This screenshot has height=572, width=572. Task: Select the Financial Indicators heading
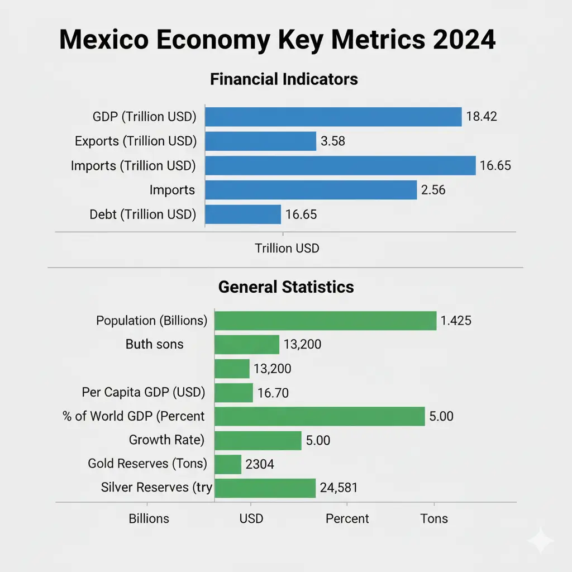[x=284, y=79]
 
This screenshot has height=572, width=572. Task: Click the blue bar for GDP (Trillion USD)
[x=333, y=117]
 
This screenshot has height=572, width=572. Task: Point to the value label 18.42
[x=481, y=117]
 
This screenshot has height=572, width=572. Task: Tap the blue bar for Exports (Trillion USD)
[x=261, y=141]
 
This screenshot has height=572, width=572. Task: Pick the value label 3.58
[x=332, y=141]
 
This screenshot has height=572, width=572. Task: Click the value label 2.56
[x=433, y=190]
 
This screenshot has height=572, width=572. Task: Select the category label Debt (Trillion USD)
[x=143, y=214]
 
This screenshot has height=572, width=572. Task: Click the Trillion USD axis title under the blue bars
[x=287, y=248]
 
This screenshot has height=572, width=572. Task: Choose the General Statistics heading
[x=286, y=287]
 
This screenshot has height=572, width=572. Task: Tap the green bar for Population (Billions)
[x=326, y=321]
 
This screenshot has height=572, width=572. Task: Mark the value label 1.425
[x=456, y=321]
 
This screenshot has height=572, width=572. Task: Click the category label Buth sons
[x=155, y=344]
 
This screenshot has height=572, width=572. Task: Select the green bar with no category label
[x=232, y=369]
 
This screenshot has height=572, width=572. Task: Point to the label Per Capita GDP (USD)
[x=144, y=392]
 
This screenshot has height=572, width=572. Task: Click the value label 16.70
[x=273, y=393]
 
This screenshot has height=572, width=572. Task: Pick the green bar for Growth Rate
[x=258, y=440]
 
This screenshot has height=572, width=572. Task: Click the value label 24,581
[x=339, y=488]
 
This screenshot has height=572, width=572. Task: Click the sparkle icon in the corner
[x=541, y=541]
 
